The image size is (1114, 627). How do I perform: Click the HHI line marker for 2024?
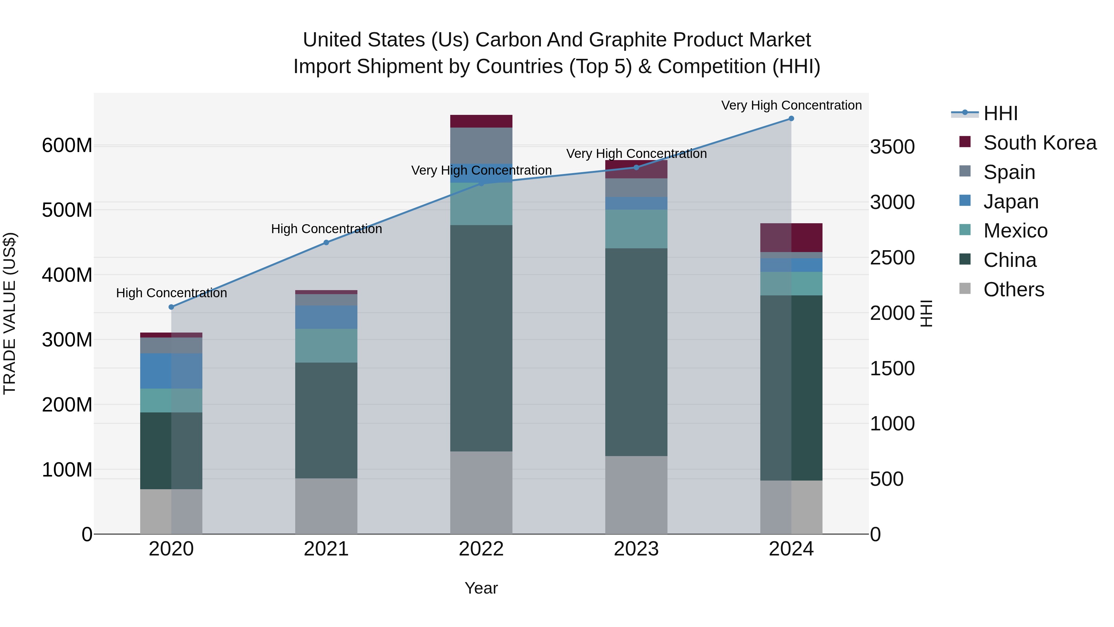click(791, 119)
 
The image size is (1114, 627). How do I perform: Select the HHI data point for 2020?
click(171, 307)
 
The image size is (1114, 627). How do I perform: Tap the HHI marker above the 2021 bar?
click(326, 243)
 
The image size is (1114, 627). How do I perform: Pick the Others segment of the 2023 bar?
click(636, 495)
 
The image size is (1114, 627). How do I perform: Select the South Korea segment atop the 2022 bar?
click(481, 121)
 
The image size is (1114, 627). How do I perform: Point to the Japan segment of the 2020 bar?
click(171, 371)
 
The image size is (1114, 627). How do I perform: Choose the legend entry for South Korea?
click(1040, 143)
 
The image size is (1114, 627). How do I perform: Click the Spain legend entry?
click(1009, 172)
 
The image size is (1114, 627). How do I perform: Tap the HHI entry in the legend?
click(1000, 113)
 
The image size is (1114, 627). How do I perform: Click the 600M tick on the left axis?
click(67, 146)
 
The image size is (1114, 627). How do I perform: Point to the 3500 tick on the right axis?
click(892, 147)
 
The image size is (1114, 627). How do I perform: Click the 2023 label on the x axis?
click(636, 549)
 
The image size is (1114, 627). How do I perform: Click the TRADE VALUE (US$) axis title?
click(10, 314)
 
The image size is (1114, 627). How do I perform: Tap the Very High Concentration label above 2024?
click(791, 105)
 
